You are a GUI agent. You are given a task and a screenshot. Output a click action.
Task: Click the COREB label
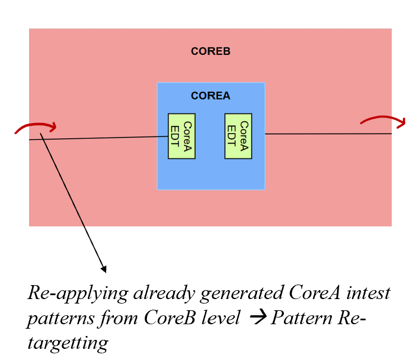pyautogui.click(x=211, y=51)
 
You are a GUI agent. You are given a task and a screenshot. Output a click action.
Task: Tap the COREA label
pyautogui.click(x=211, y=96)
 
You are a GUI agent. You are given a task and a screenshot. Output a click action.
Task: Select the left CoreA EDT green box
pyautogui.click(x=182, y=136)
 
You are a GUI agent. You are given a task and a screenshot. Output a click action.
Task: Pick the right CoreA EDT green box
pyautogui.click(x=238, y=136)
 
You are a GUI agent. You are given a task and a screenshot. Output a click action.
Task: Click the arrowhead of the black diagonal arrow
pyautogui.click(x=103, y=269)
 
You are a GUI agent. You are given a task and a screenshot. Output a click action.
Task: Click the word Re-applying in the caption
pyautogui.click(x=66, y=292)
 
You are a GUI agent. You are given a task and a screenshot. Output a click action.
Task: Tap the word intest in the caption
pyautogui.click(x=365, y=292)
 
